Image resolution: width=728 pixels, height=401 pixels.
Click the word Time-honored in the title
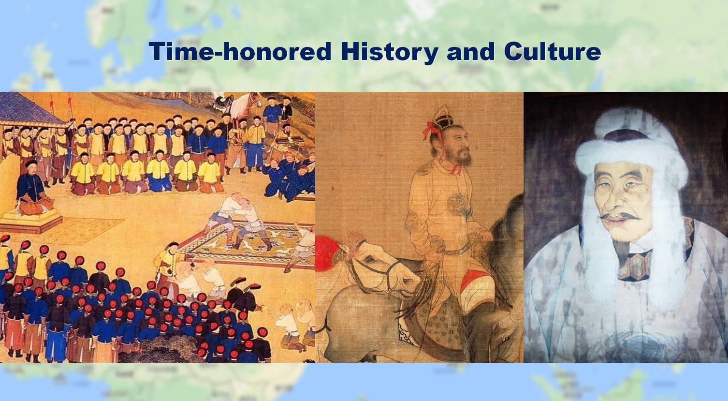(240, 51)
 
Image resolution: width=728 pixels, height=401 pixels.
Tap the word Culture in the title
(553, 51)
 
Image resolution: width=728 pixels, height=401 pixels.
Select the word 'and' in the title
(471, 51)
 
